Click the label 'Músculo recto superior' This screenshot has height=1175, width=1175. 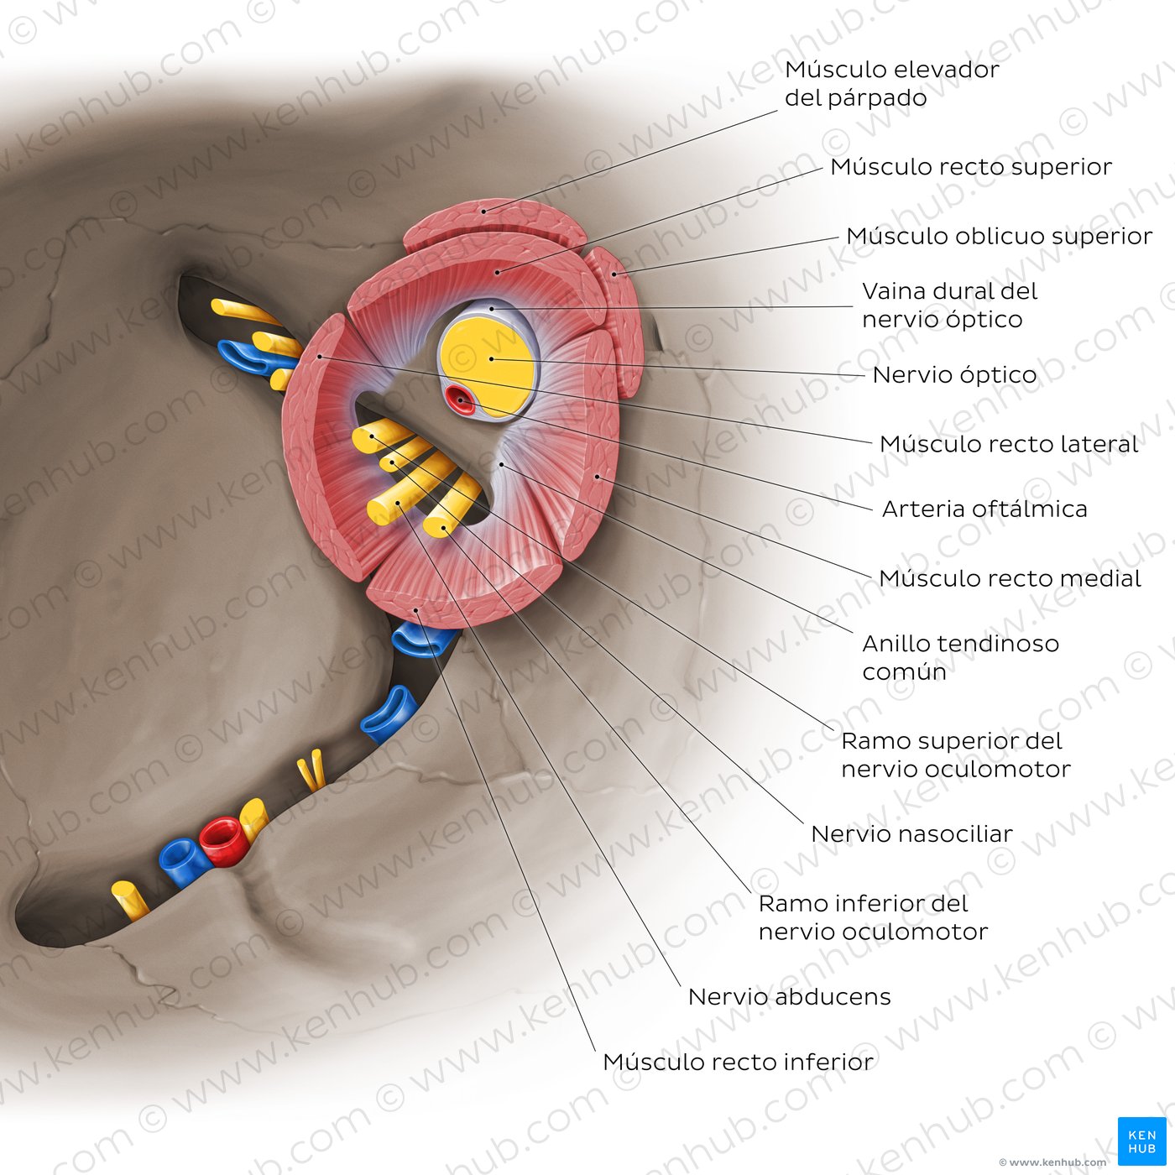point(971,167)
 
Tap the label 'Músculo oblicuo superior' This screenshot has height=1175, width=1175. point(1000,237)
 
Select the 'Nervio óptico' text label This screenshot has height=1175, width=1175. point(954,375)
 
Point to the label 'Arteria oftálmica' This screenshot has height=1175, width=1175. point(984,509)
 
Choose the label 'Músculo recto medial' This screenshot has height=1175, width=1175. point(1010,578)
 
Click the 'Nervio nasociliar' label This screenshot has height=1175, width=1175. point(911,834)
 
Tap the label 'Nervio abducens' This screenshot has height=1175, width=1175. point(790,997)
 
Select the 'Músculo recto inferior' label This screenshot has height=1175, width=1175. point(738,1063)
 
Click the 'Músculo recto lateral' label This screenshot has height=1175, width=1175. point(1009,445)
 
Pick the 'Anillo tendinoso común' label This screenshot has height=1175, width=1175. point(960,657)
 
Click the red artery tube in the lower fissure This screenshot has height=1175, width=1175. point(223,841)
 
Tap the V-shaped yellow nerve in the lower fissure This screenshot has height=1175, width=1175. point(311,770)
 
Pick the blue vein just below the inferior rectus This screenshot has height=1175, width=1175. point(423,640)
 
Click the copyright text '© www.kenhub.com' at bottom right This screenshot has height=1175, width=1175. point(1052,1162)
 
